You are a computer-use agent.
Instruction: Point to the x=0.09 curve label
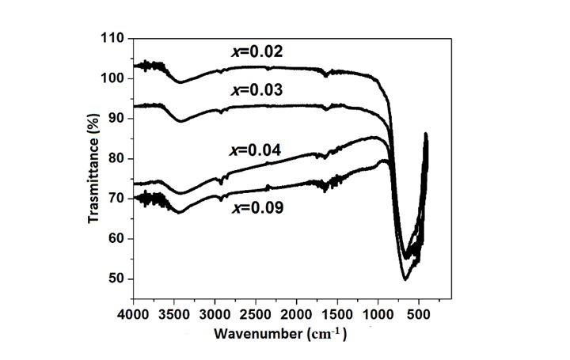258,209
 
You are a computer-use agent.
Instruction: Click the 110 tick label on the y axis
114,38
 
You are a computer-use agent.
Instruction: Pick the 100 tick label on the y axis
114,78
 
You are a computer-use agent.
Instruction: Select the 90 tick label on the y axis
117,118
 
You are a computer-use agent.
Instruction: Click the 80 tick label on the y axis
117,158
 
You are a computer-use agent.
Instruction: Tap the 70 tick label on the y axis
117,199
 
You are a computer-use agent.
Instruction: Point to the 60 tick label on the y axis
117,239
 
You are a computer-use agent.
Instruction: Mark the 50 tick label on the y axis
117,279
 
